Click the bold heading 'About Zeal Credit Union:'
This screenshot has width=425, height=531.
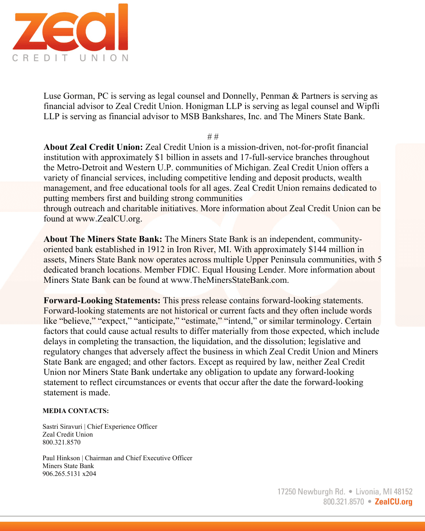tap(93, 147)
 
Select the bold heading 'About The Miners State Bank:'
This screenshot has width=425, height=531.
tap(103, 240)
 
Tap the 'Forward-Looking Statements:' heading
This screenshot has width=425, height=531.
tap(102, 301)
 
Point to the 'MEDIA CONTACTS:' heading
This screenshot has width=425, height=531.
tap(76, 411)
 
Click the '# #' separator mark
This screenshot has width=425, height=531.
tap(213, 137)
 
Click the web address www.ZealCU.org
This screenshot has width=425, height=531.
tap(108, 219)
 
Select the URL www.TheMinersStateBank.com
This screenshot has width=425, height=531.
tap(230, 280)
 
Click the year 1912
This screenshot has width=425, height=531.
tap(156, 250)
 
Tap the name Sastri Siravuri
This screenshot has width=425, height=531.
tap(62, 427)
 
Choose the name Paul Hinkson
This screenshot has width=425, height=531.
tap(61, 458)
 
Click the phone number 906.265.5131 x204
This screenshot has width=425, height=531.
tap(69, 474)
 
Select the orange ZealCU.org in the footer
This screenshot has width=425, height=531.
tap(394, 502)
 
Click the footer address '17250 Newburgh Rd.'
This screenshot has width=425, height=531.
tap(311, 492)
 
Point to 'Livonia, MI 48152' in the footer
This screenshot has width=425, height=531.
tap(384, 492)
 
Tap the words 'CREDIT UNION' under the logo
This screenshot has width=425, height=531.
tap(70, 58)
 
